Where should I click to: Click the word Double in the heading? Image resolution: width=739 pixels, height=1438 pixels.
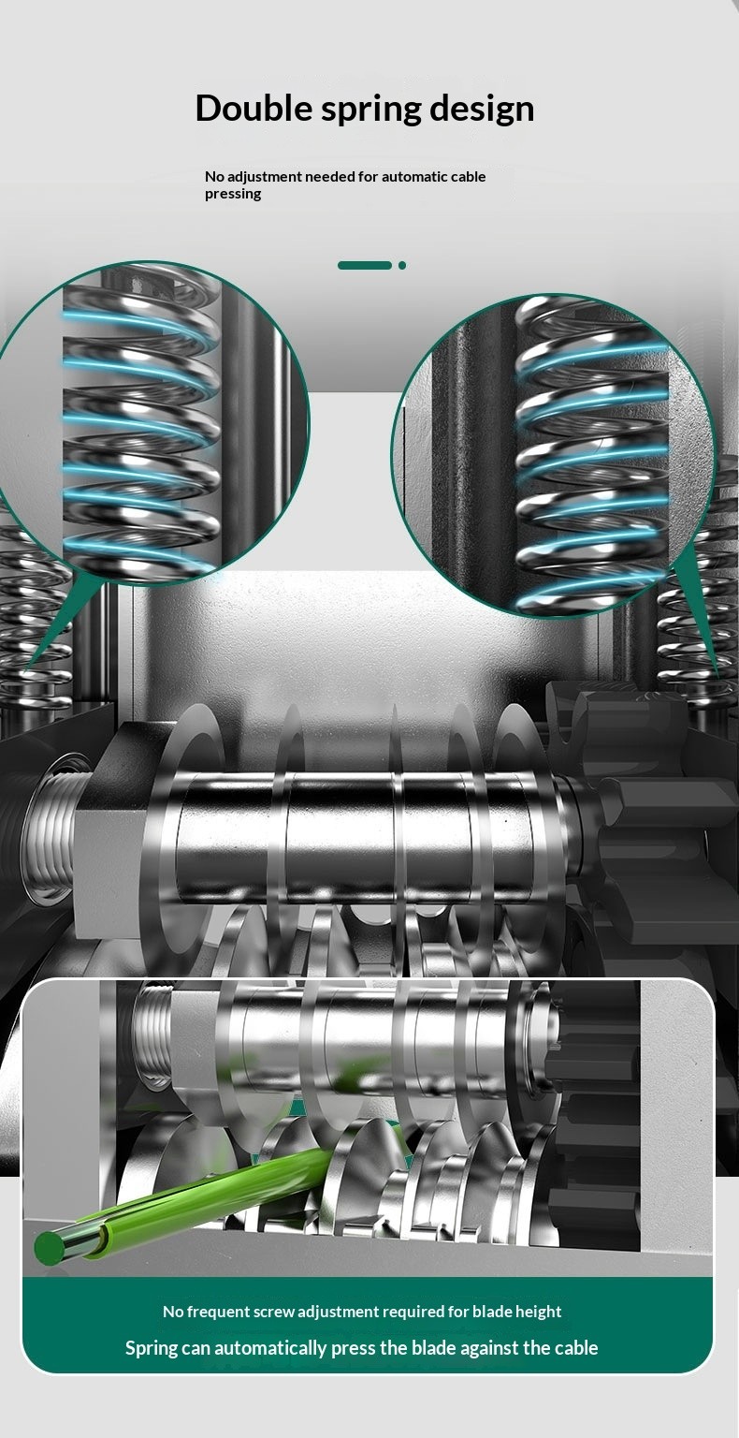[254, 108]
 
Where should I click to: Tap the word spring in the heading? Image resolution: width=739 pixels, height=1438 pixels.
[370, 110]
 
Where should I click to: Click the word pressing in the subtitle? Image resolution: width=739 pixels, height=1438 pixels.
[233, 194]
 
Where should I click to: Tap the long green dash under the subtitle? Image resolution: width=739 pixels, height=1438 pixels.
[365, 265]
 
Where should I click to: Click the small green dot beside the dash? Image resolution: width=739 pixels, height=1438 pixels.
[402, 265]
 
